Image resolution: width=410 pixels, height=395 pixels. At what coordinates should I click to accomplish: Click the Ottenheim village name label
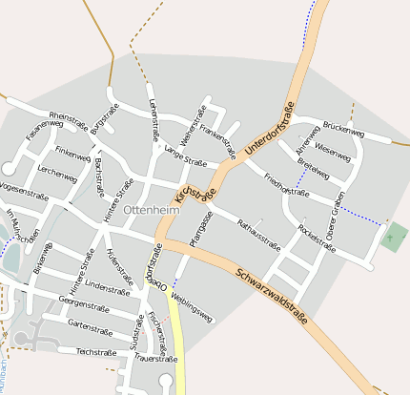pos(151,209)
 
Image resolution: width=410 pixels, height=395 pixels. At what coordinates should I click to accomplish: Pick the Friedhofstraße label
pos(286,185)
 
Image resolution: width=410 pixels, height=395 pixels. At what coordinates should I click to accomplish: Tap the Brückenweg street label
pos(343,129)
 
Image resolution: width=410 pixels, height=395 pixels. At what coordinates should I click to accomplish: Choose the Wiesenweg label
pos(332,149)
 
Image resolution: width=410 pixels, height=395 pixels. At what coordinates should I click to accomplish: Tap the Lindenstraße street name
pos(107,285)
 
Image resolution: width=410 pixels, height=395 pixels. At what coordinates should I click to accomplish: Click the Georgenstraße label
pos(82,305)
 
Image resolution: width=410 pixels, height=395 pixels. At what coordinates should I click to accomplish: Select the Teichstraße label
pos(95,351)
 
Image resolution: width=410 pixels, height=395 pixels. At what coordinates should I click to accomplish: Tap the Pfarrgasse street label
pos(198,229)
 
